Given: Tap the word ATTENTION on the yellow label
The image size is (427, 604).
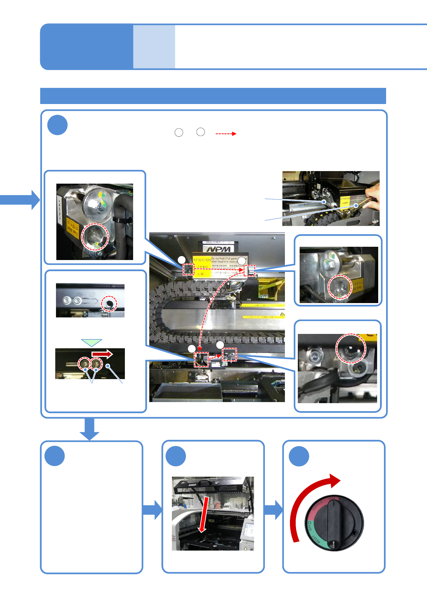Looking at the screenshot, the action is point(202,260).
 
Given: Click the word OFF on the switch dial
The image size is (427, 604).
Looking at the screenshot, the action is point(308,526).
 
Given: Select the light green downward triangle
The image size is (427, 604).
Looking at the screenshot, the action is point(91,343).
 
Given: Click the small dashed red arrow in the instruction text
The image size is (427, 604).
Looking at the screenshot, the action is point(226,134).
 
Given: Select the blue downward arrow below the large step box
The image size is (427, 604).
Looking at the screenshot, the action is point(89,429).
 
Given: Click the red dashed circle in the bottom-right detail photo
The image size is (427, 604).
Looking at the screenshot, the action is point(351,348).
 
